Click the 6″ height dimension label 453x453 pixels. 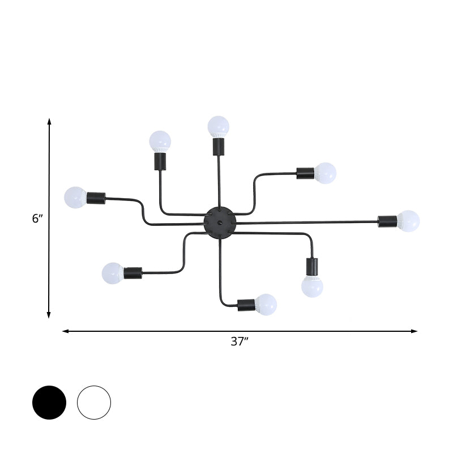[37, 219]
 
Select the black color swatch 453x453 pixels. [49, 403]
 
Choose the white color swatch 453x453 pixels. [94, 403]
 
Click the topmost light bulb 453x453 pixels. [218, 126]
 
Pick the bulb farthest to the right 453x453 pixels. [408, 220]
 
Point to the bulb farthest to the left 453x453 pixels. [75, 197]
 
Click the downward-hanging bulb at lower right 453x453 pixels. [312, 286]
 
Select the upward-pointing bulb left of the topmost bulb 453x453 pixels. [160, 140]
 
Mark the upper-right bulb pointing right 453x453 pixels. [325, 173]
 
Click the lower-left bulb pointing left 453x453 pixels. [113, 272]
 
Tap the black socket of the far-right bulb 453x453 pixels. [388, 220]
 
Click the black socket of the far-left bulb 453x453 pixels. [96, 198]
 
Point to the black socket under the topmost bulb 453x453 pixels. [218, 147]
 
